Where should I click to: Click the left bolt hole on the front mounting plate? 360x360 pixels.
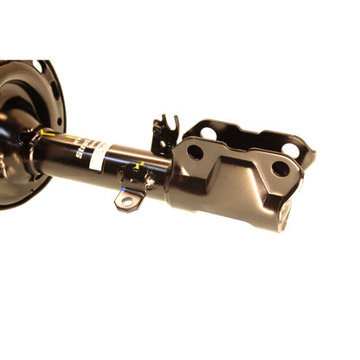[x=196, y=151]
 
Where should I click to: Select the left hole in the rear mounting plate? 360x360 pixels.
[x=209, y=132]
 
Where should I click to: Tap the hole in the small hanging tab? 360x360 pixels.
[x=127, y=201]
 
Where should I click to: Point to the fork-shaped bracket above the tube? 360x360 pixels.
[x=164, y=133]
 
